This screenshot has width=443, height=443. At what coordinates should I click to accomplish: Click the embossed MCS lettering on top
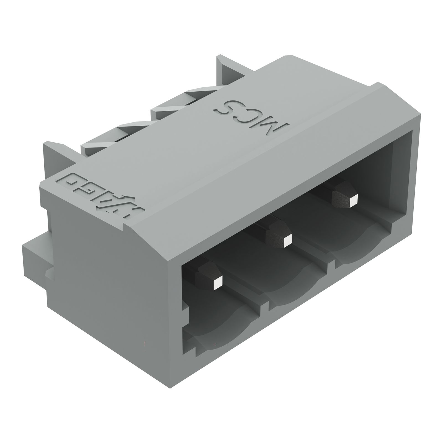pyautogui.click(x=252, y=116)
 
